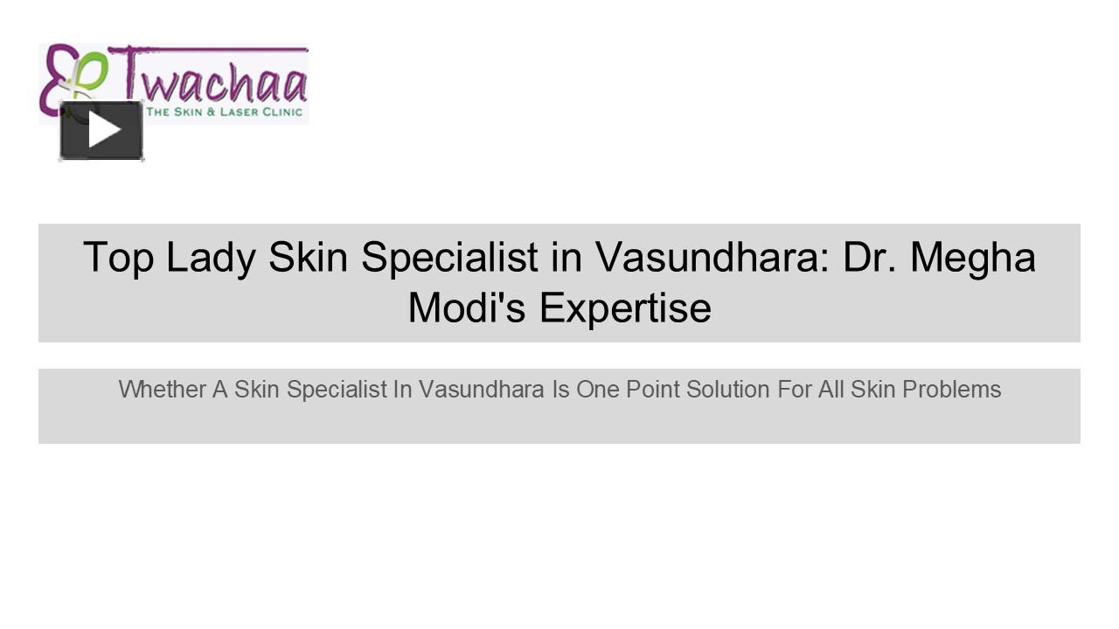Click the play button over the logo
click(101, 130)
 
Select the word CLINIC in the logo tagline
click(281, 112)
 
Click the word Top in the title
click(118, 258)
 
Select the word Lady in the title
click(211, 258)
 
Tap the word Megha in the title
click(972, 258)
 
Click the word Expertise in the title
click(625, 308)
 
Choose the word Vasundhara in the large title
click(712, 258)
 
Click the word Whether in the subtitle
click(162, 390)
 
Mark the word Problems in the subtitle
click(952, 390)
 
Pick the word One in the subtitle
click(597, 390)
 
